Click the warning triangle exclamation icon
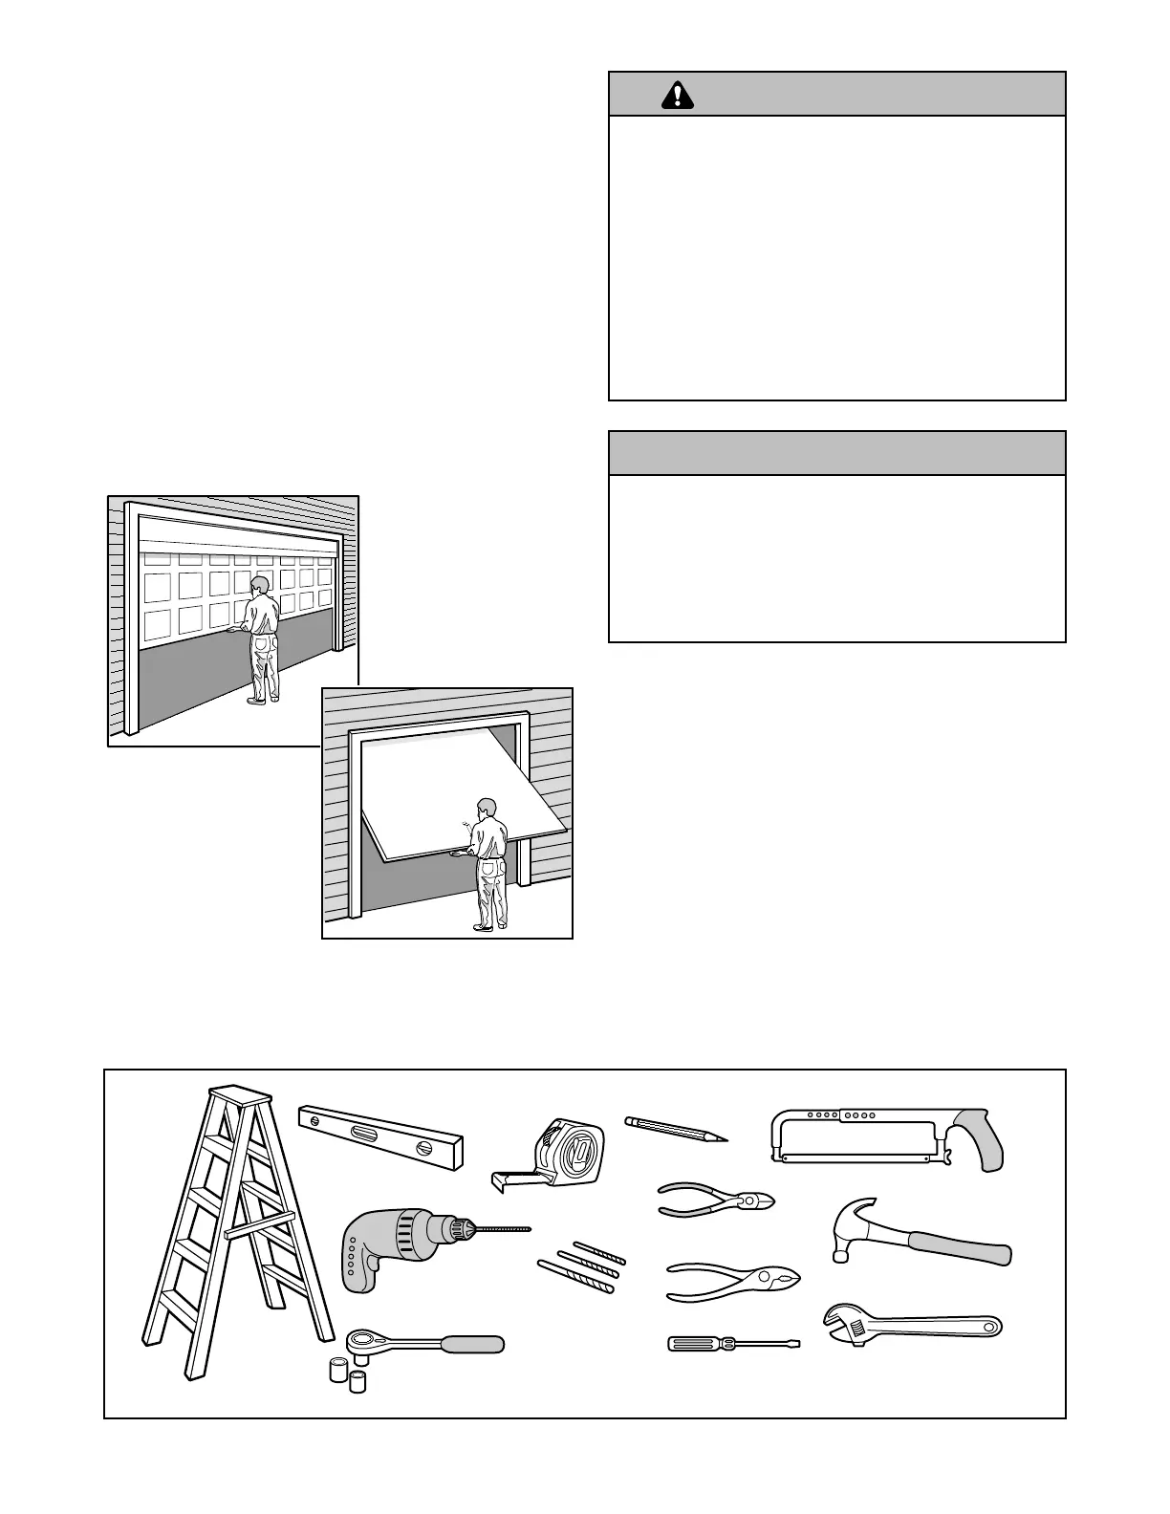coord(678,95)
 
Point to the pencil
coord(675,1129)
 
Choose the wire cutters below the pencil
coord(716,1200)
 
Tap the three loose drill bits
coord(581,1267)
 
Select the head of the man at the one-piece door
coord(487,808)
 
